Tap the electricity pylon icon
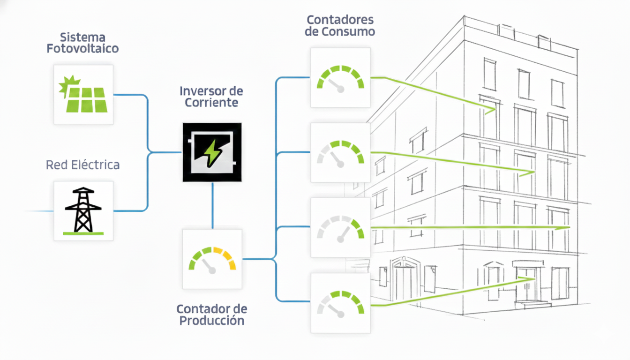83,211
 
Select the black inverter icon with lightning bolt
212,152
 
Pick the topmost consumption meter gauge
340,78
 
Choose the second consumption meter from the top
340,153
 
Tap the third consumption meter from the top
340,227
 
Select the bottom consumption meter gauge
340,303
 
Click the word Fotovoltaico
82,48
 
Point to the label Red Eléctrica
82,165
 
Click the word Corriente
211,103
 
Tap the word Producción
212,321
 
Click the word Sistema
82,37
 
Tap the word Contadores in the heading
340,20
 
